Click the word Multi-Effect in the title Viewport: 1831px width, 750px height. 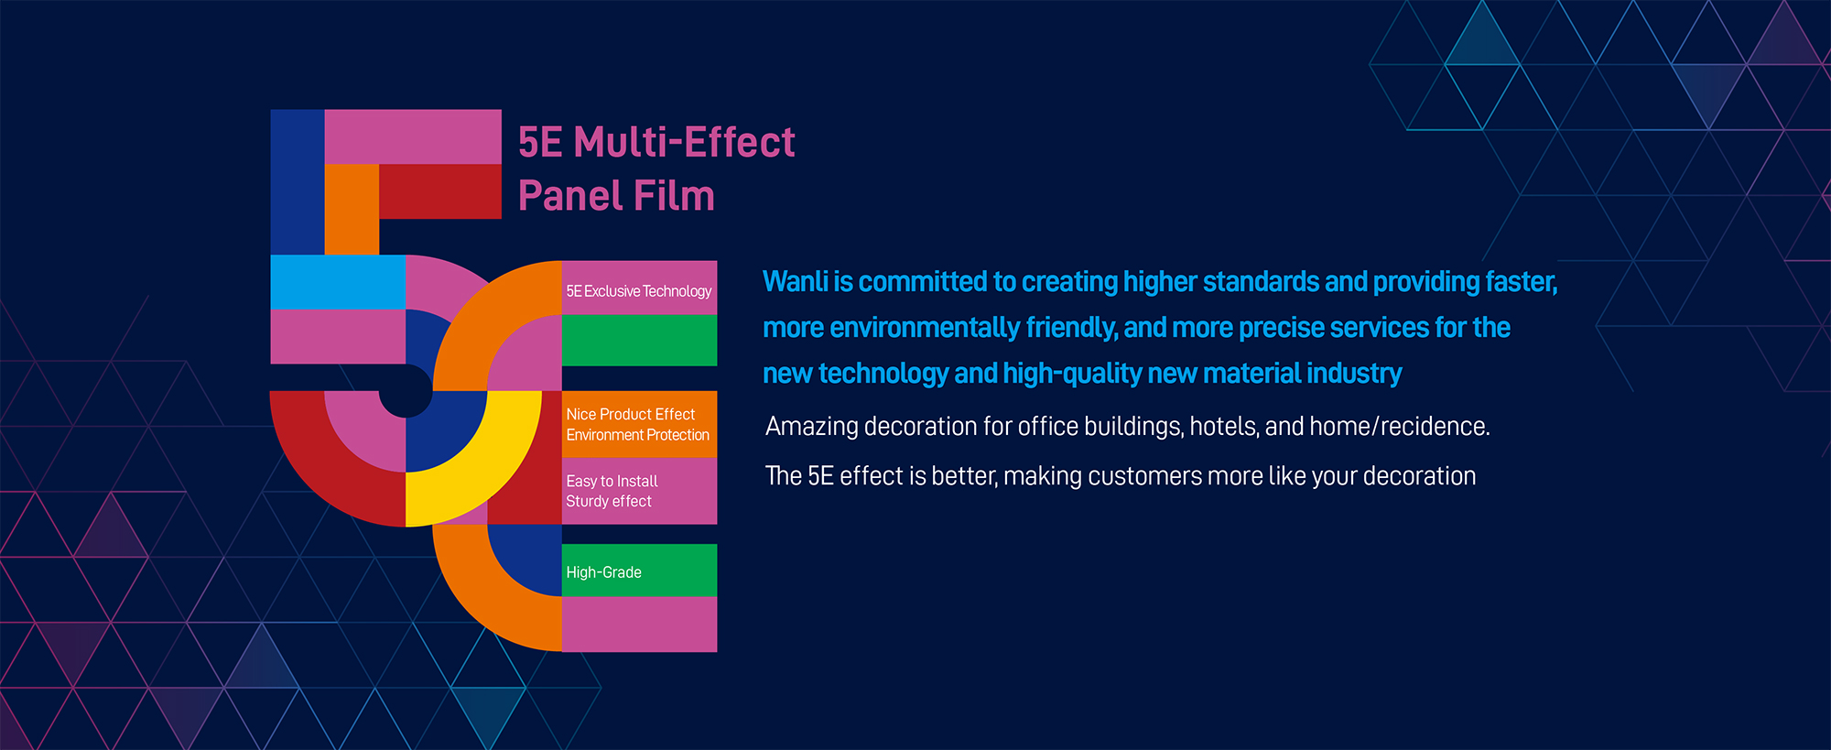[x=684, y=143]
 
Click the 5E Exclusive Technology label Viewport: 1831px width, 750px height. [x=638, y=291]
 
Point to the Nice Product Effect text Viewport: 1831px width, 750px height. [x=630, y=415]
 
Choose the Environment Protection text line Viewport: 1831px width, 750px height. [x=637, y=435]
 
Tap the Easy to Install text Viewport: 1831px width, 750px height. [x=612, y=482]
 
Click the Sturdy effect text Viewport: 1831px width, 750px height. [x=609, y=502]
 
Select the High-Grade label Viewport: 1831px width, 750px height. [x=603, y=572]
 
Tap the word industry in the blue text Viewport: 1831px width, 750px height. [x=1354, y=374]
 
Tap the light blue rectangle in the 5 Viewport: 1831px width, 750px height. [x=338, y=282]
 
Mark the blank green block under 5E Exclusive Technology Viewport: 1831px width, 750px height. [x=639, y=341]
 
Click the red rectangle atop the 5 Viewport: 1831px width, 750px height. [x=440, y=192]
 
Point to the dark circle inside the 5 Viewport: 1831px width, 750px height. [x=406, y=390]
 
